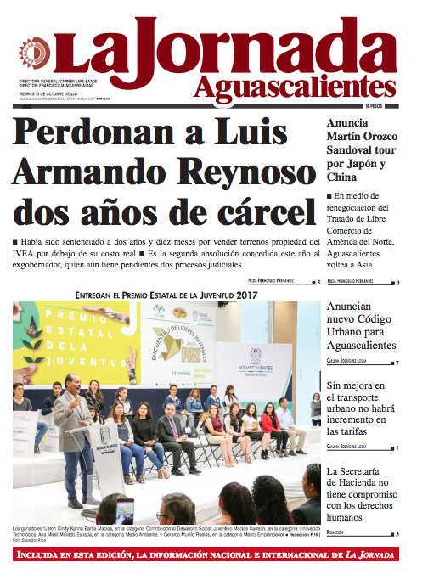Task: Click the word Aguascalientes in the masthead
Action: coord(294,86)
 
